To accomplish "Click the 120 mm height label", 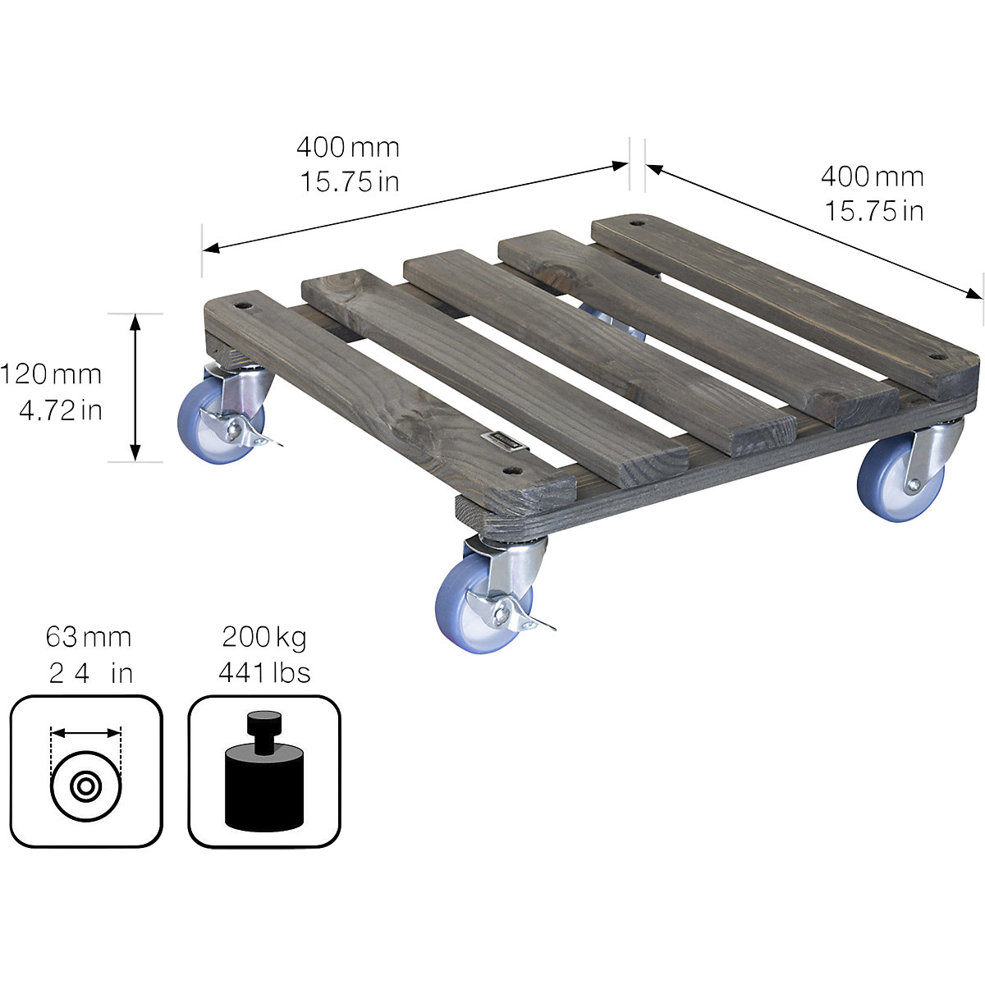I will coord(51,375).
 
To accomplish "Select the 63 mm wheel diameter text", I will coord(88,637).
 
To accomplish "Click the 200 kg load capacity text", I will coord(263,637).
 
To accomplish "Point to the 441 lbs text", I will coord(263,673).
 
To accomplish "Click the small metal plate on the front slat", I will coord(502,441).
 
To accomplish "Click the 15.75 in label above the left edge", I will coord(348,181).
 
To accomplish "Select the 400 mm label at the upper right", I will coord(872,176).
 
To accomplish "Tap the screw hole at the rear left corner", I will coord(244,305).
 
